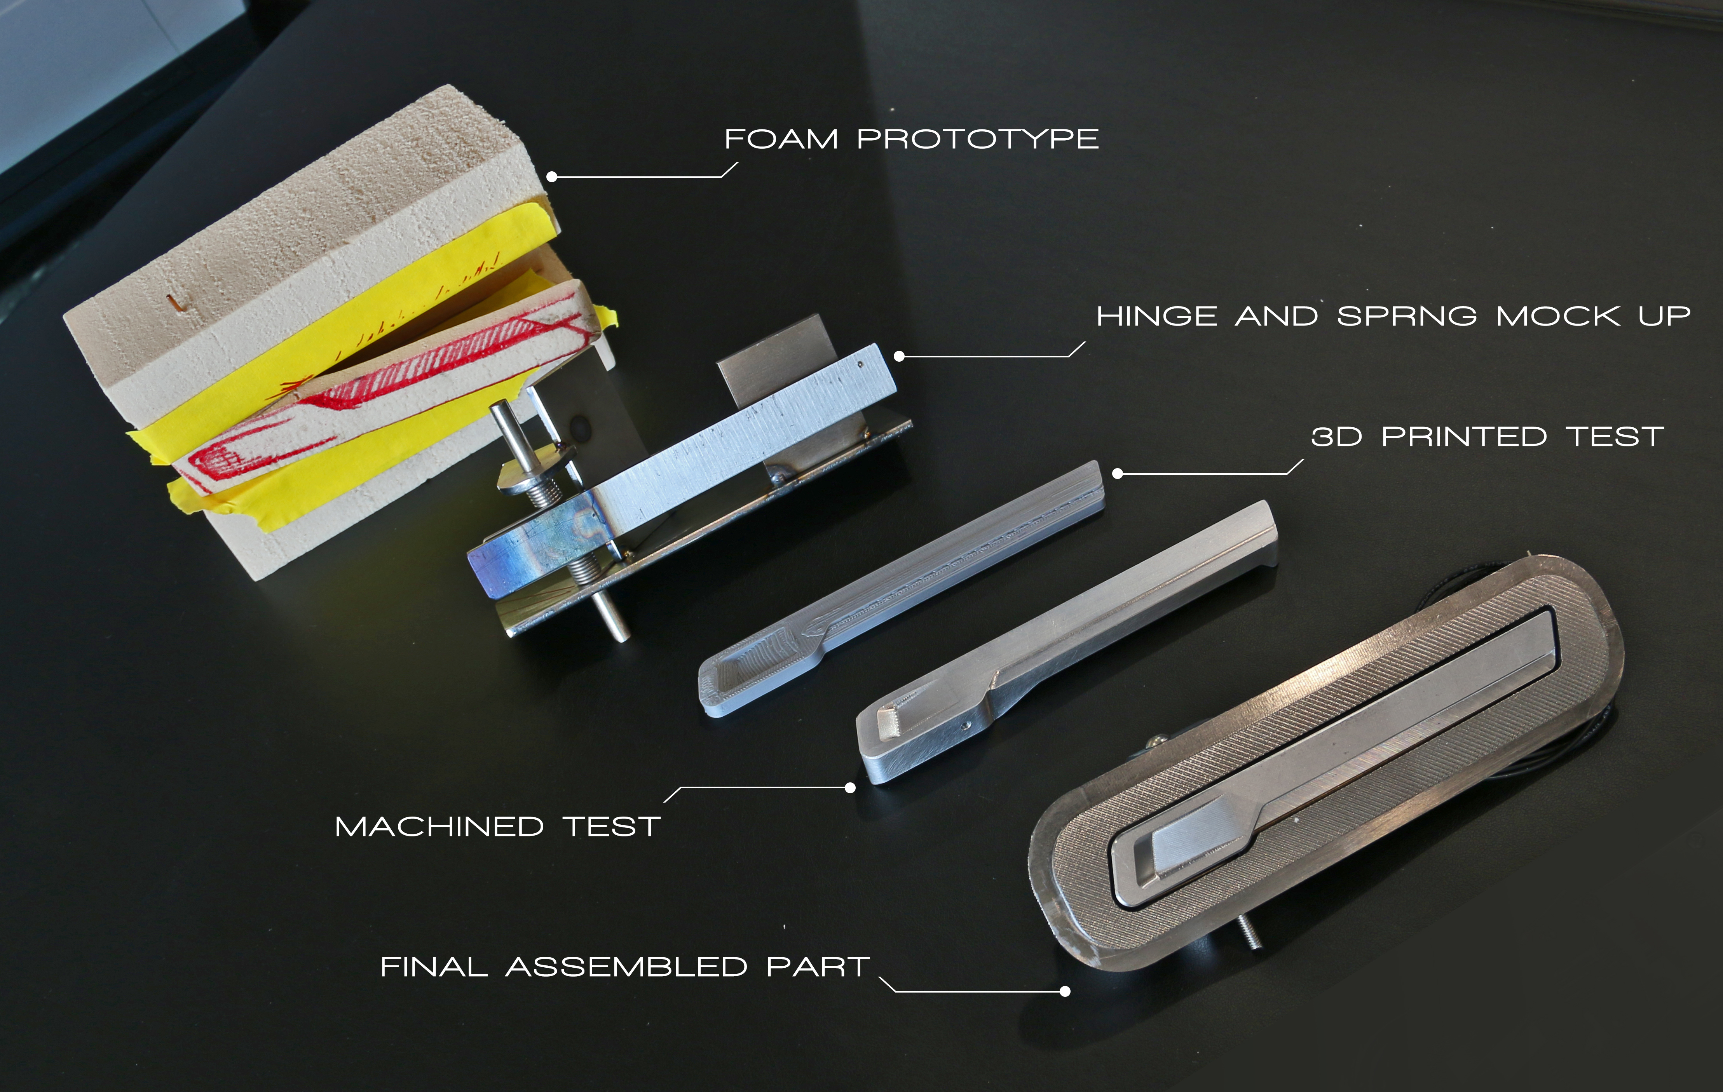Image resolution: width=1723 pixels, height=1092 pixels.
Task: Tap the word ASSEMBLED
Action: [627, 967]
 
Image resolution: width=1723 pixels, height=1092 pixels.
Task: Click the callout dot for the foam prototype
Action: [552, 177]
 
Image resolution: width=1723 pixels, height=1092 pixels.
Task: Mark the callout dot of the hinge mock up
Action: [900, 356]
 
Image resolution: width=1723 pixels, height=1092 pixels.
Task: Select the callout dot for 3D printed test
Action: [1118, 474]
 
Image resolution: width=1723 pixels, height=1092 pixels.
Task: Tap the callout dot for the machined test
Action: [850, 788]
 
